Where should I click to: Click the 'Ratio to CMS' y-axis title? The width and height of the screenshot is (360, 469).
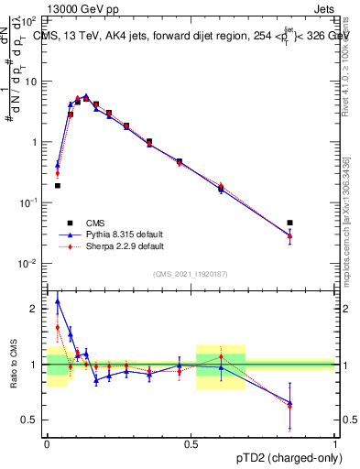12,364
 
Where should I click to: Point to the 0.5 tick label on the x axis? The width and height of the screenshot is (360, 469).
191,444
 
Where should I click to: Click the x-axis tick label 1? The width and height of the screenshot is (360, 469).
335,444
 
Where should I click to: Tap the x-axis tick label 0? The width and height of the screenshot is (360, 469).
47,444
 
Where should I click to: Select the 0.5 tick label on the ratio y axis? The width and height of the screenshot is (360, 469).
31,420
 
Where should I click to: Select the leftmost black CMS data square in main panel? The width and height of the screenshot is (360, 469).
58,185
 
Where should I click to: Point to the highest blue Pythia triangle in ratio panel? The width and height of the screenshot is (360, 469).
58,300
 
